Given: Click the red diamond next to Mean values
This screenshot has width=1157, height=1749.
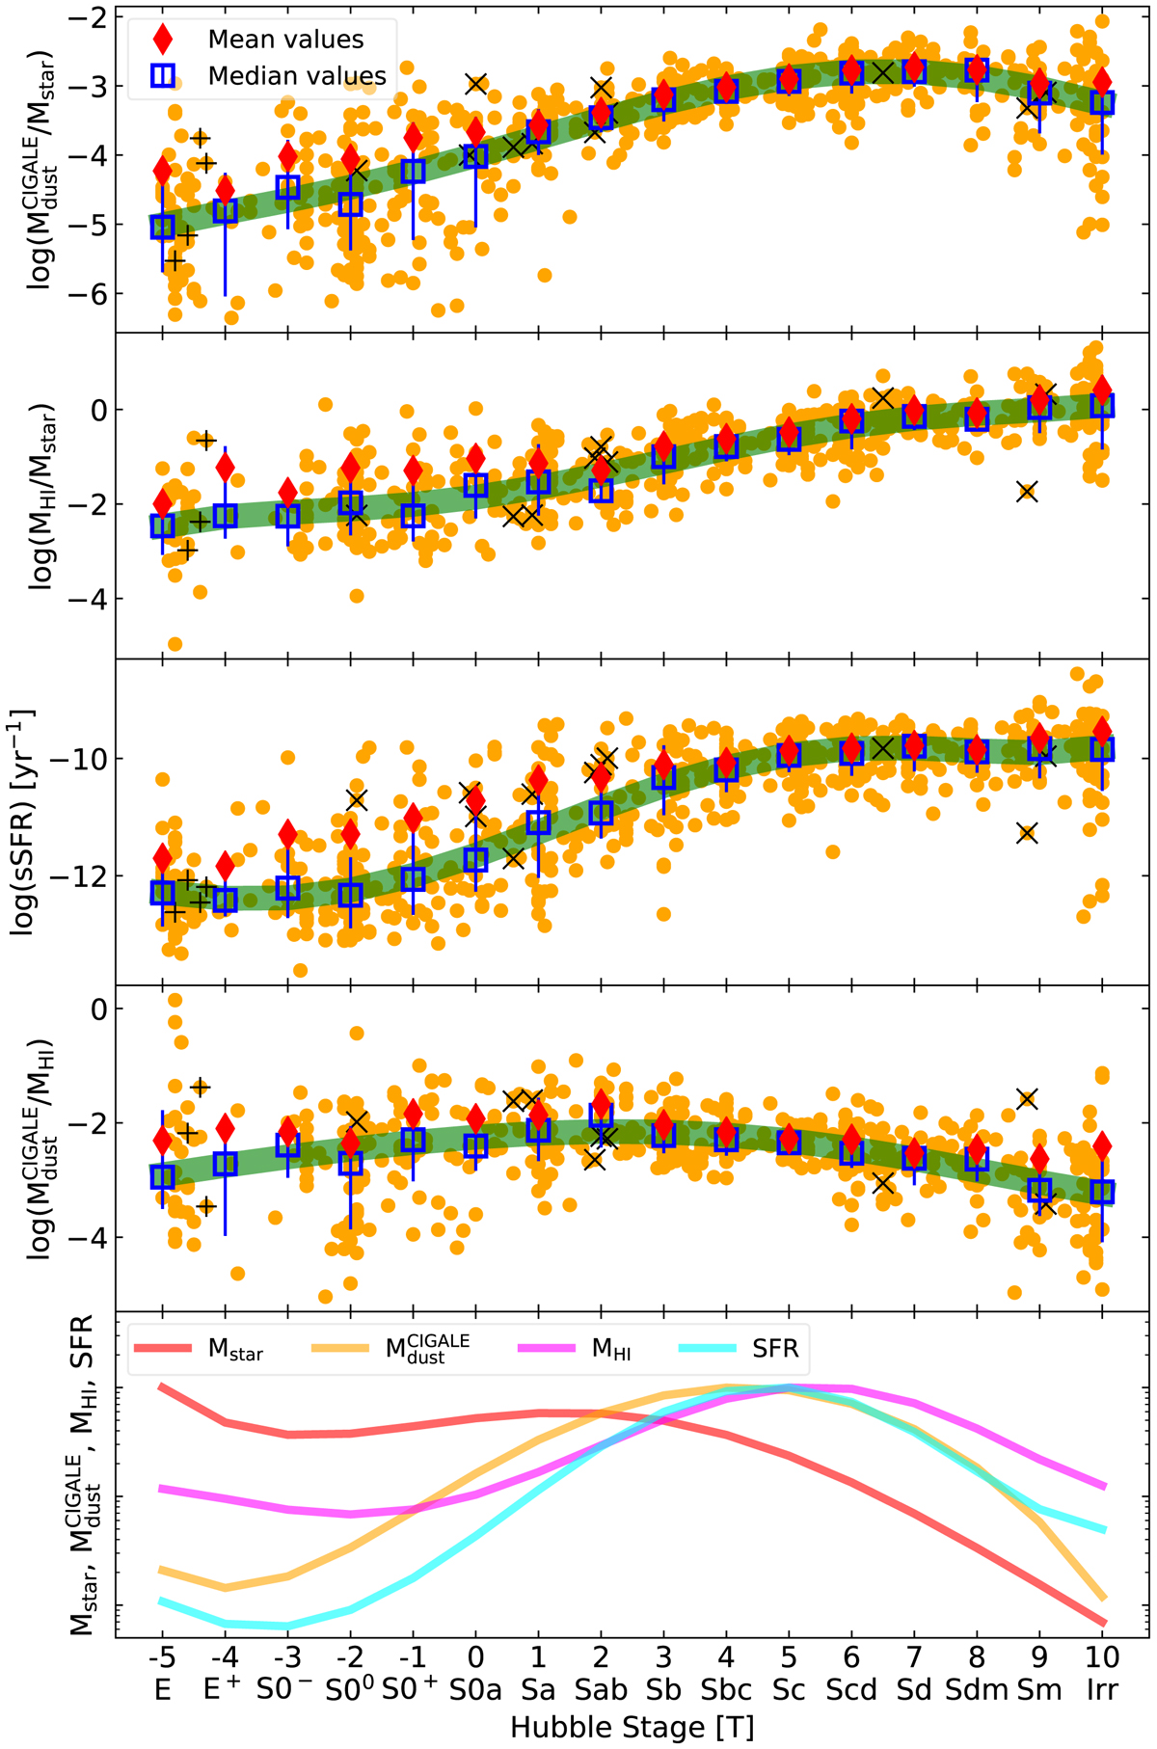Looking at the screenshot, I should [163, 39].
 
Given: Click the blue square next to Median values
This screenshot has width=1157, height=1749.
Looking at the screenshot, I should [163, 75].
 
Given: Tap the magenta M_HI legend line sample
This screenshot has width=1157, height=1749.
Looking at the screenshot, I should [546, 1348].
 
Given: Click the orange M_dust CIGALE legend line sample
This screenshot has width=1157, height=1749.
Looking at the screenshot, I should [340, 1348].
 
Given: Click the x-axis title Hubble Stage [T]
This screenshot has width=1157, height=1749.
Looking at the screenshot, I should [632, 1727].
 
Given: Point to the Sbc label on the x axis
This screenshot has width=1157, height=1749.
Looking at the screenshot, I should [726, 1691].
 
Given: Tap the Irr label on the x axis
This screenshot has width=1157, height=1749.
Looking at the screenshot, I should [1102, 1691].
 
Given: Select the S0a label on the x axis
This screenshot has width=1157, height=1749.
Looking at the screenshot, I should [475, 1691].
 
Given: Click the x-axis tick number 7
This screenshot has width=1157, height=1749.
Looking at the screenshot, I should [914, 1657].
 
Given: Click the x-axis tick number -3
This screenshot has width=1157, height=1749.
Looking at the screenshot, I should [287, 1657].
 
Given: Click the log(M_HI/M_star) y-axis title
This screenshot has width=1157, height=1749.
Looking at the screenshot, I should [43, 497].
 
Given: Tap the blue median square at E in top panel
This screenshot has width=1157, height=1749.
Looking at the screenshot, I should [162, 227].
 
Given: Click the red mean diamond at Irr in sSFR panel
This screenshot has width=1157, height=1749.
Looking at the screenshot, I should [1102, 731].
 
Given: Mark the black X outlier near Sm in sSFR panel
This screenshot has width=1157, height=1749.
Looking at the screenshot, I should [1027, 833].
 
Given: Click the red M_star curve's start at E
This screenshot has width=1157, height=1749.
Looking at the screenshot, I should [162, 1386].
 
